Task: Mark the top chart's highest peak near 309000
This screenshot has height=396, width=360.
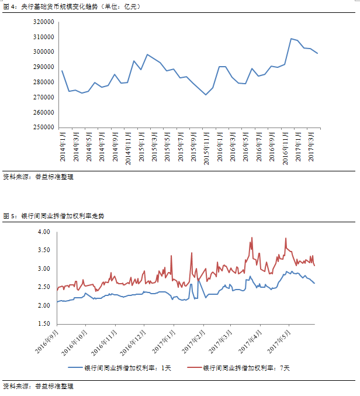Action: pos(291,39)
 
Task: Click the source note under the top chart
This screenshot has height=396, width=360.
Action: pos(39,176)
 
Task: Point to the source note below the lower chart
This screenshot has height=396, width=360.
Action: pos(39,387)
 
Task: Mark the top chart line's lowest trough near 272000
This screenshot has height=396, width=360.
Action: pos(206,95)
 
